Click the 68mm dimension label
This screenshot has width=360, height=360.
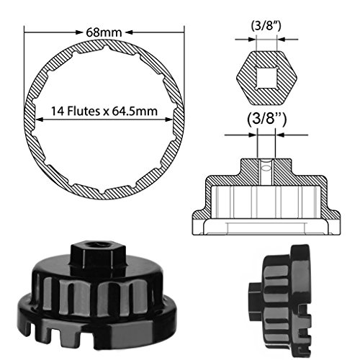(x=104, y=32)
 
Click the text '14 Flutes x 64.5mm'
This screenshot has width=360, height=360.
(x=104, y=111)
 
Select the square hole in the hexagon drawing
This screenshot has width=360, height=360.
(x=266, y=78)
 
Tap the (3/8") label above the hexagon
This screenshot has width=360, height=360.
(x=266, y=26)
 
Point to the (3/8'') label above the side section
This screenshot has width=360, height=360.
(x=266, y=119)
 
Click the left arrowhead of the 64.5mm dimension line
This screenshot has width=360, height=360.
(x=39, y=120)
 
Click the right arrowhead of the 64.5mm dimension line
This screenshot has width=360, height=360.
(x=169, y=120)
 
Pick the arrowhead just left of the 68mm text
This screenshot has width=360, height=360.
(x=79, y=32)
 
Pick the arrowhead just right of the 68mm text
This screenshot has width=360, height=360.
(x=129, y=32)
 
